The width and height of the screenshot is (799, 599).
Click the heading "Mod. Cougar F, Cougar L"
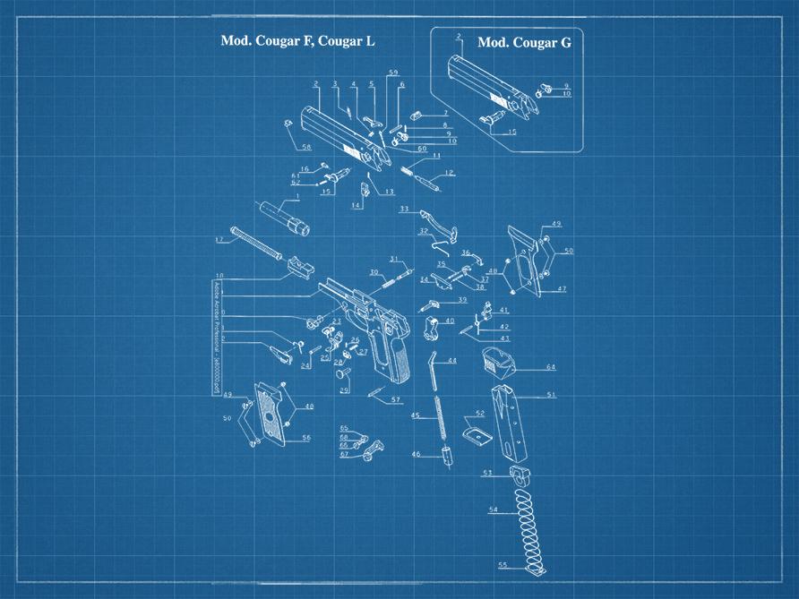(298, 41)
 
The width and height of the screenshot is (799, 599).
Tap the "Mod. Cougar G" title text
(524, 42)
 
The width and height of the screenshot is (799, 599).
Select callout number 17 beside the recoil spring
(219, 240)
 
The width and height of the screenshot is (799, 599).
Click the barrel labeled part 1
(285, 217)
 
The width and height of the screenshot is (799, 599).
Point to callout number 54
(494, 509)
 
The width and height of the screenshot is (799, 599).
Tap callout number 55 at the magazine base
(503, 565)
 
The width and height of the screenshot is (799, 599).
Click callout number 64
(550, 367)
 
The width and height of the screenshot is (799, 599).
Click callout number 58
(305, 148)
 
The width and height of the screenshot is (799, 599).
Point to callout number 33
(404, 209)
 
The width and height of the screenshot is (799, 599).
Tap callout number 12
(450, 173)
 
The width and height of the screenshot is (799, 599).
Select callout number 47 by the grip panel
(562, 289)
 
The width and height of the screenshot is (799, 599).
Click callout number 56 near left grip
(305, 438)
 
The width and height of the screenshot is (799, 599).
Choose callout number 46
(416, 455)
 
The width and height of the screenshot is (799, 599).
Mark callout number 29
(344, 390)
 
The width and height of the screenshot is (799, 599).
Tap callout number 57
(395, 399)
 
